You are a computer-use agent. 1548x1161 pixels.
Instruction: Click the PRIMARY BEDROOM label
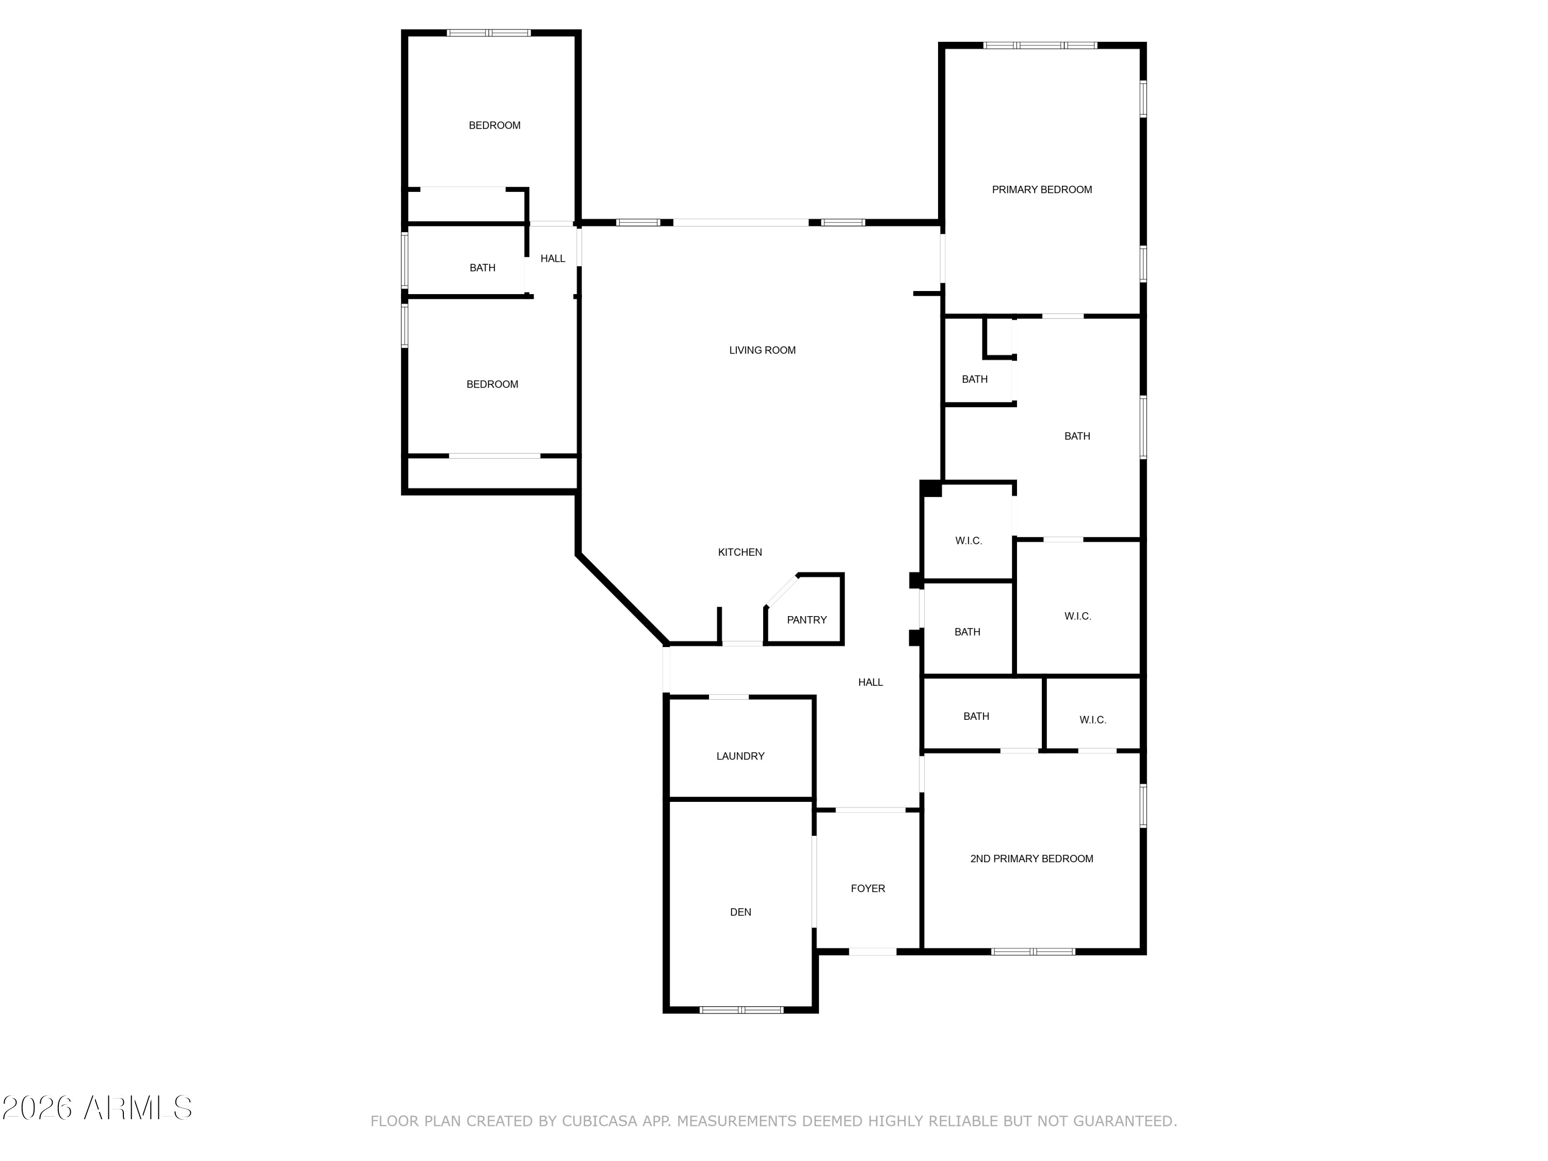click(x=1041, y=190)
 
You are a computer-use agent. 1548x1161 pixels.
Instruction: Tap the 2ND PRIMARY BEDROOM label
click(x=1031, y=859)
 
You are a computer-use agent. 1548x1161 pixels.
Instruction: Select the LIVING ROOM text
click(x=762, y=350)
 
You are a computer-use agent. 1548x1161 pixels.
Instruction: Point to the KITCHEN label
click(x=740, y=552)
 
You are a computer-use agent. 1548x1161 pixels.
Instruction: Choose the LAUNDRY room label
click(x=740, y=756)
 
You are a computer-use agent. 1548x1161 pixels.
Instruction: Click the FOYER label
click(x=868, y=889)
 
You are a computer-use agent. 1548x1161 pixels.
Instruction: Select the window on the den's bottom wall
click(x=741, y=1010)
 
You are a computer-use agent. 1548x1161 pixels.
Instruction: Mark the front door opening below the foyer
click(x=873, y=952)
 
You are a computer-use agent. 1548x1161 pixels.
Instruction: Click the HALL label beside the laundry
click(x=870, y=682)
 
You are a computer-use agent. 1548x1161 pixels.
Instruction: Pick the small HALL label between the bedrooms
click(x=553, y=259)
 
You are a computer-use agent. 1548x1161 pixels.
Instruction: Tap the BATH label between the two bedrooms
click(x=482, y=268)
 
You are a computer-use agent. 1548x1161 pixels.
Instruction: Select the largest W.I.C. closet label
click(x=1078, y=617)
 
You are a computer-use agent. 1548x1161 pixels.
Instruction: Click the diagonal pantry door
click(x=782, y=591)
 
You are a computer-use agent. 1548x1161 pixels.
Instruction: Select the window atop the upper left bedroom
click(x=489, y=33)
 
